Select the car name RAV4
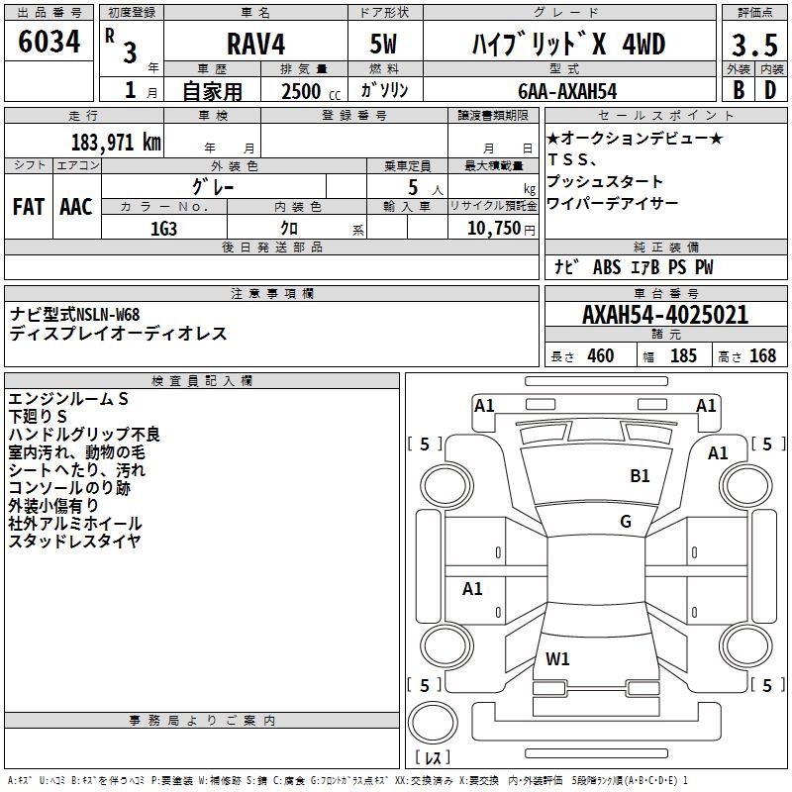click(x=253, y=44)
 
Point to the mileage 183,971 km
click(x=116, y=142)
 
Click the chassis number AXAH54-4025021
click(x=664, y=316)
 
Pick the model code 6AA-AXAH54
click(x=567, y=91)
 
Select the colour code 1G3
click(x=163, y=228)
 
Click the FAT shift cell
click(x=28, y=206)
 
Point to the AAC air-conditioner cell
click(x=75, y=206)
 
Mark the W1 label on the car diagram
click(x=557, y=658)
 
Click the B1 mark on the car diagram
click(x=641, y=476)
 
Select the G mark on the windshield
click(x=626, y=521)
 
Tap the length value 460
click(x=600, y=355)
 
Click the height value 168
click(x=762, y=355)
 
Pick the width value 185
click(x=683, y=355)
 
